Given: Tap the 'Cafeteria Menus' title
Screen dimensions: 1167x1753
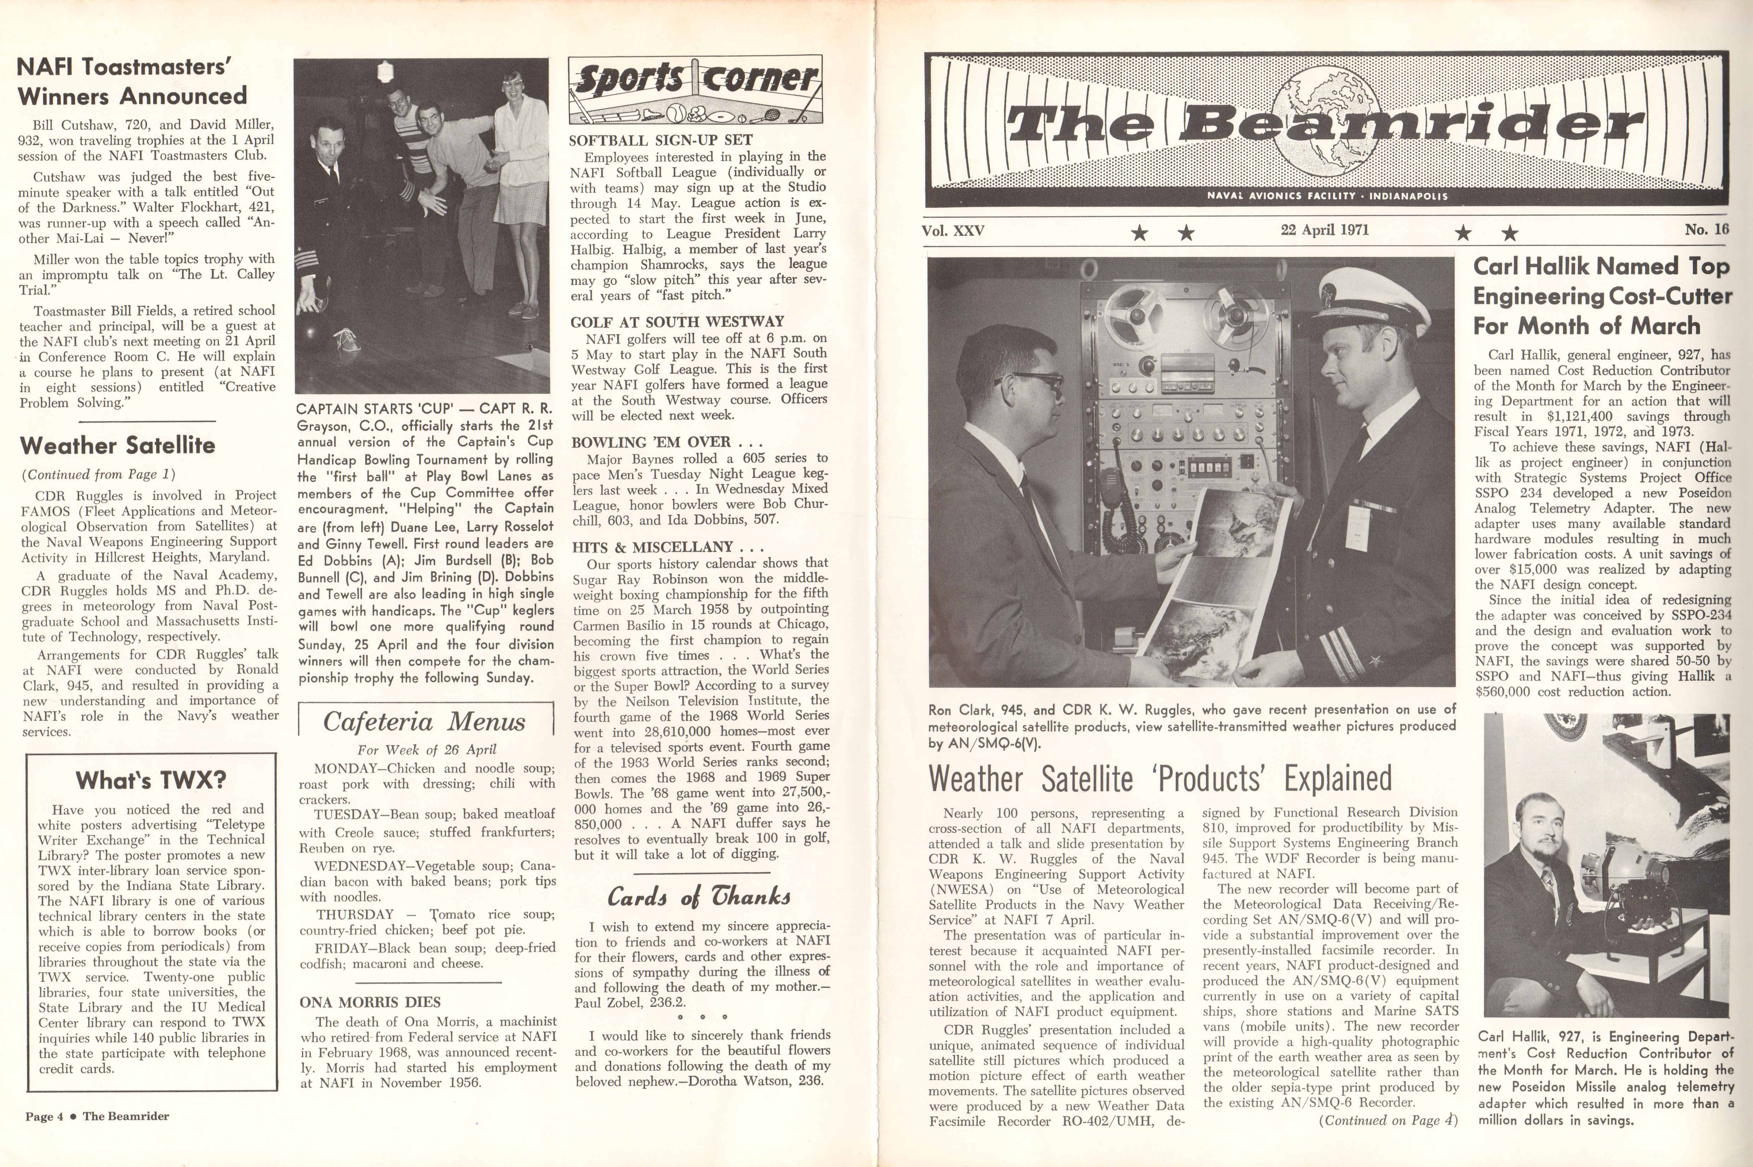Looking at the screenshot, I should [x=424, y=722].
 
